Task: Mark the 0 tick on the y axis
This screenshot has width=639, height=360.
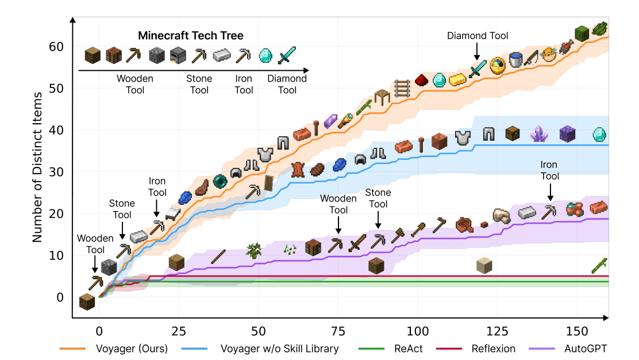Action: (60, 297)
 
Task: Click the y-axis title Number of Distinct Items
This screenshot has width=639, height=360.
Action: (38, 167)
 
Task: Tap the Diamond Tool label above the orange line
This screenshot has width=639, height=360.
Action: (478, 36)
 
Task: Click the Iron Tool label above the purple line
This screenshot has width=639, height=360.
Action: (549, 171)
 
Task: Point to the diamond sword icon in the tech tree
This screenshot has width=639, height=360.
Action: (286, 56)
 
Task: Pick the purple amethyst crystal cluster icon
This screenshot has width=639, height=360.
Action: (540, 133)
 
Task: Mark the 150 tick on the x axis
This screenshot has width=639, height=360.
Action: (577, 331)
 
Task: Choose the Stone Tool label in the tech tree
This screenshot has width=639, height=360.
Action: (199, 84)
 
